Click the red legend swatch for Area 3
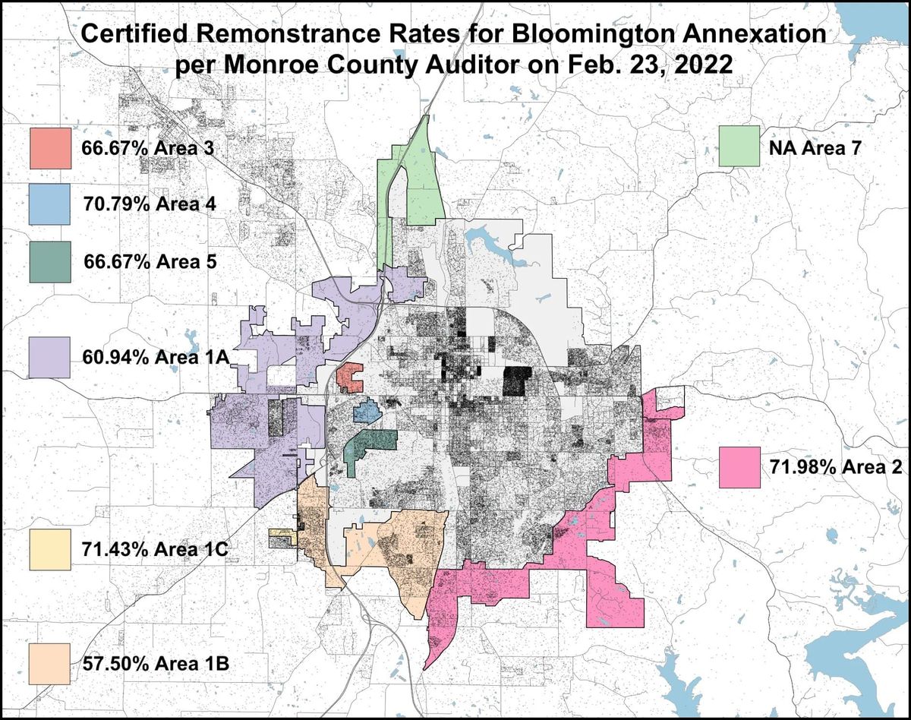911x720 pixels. pos(50,148)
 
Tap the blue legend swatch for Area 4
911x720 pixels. pos(50,204)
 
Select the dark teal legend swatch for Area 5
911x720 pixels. pos(50,262)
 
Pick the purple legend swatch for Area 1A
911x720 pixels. pos(50,357)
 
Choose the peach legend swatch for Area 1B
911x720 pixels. pos(50,665)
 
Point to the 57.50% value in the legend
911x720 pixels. pos(109,665)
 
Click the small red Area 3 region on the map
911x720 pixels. pos(350,377)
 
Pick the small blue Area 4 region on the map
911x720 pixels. pos(367,411)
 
